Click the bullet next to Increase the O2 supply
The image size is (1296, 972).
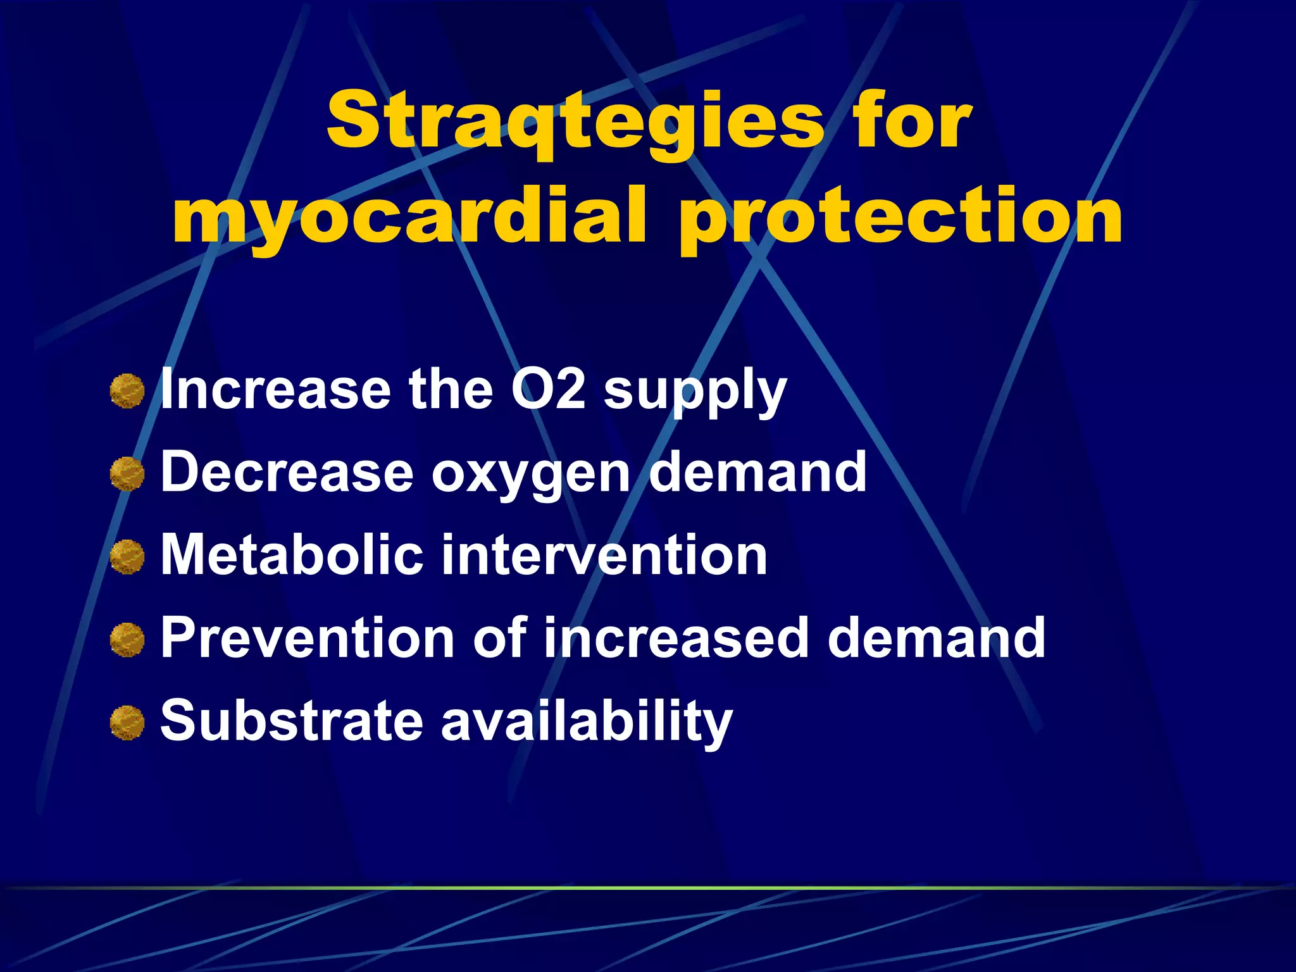pyautogui.click(x=127, y=391)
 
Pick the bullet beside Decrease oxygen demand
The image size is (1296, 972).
pyautogui.click(x=127, y=474)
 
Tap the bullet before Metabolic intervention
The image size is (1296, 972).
pyautogui.click(x=127, y=557)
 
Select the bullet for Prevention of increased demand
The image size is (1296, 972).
pyautogui.click(x=127, y=640)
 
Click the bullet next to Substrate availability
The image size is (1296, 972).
pyautogui.click(x=127, y=723)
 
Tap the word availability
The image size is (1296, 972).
pyautogui.click(x=587, y=721)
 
